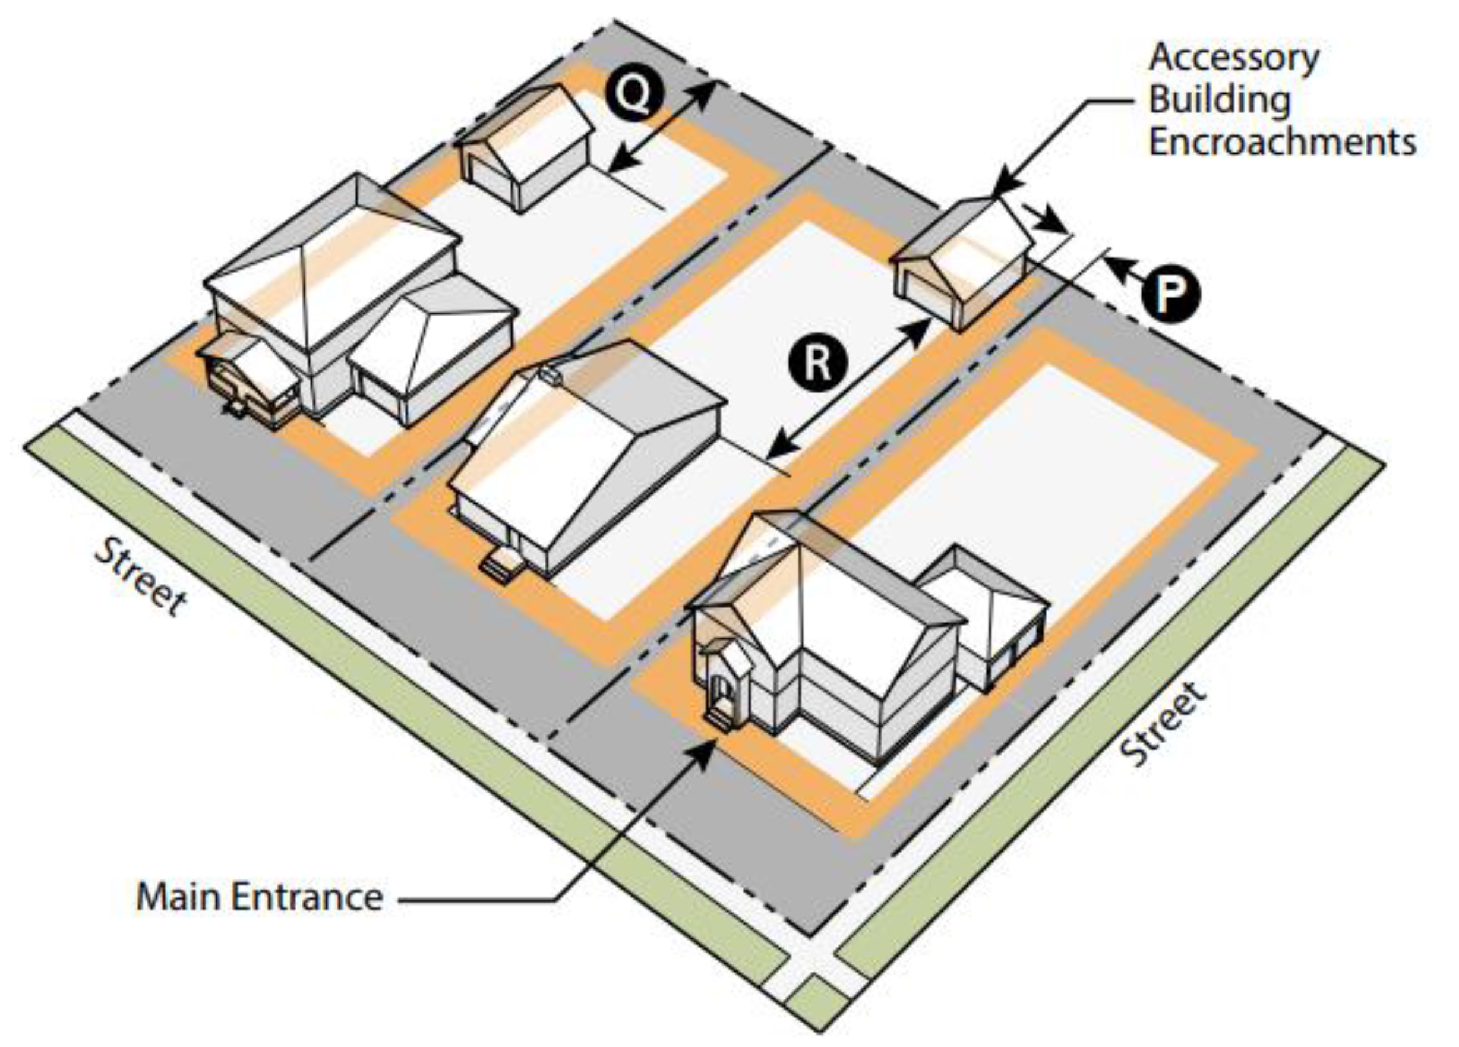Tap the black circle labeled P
tap(1171, 294)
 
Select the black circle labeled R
tap(817, 362)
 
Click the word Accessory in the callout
tap(1234, 58)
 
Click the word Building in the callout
tap(1220, 100)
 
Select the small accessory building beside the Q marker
tap(525, 148)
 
